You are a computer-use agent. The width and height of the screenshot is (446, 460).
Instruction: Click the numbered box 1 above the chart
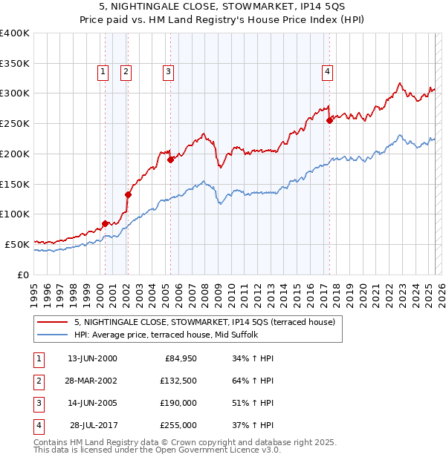pos(103,72)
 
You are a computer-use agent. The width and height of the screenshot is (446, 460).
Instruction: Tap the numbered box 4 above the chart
pos(327,72)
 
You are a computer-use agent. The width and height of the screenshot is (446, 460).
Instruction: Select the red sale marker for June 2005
pos(170,160)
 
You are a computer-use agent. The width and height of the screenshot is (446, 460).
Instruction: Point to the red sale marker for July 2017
pos(329,120)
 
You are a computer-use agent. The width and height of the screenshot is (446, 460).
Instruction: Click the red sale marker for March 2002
pos(128,194)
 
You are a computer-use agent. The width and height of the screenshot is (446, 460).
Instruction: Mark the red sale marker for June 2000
pos(105,223)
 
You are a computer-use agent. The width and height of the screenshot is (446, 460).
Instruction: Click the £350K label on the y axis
pos(15,63)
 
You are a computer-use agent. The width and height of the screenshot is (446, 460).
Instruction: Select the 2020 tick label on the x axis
pos(363,289)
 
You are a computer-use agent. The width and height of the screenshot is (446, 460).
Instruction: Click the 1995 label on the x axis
pos(33,289)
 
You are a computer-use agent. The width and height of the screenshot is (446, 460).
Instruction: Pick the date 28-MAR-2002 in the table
pos(92,381)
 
